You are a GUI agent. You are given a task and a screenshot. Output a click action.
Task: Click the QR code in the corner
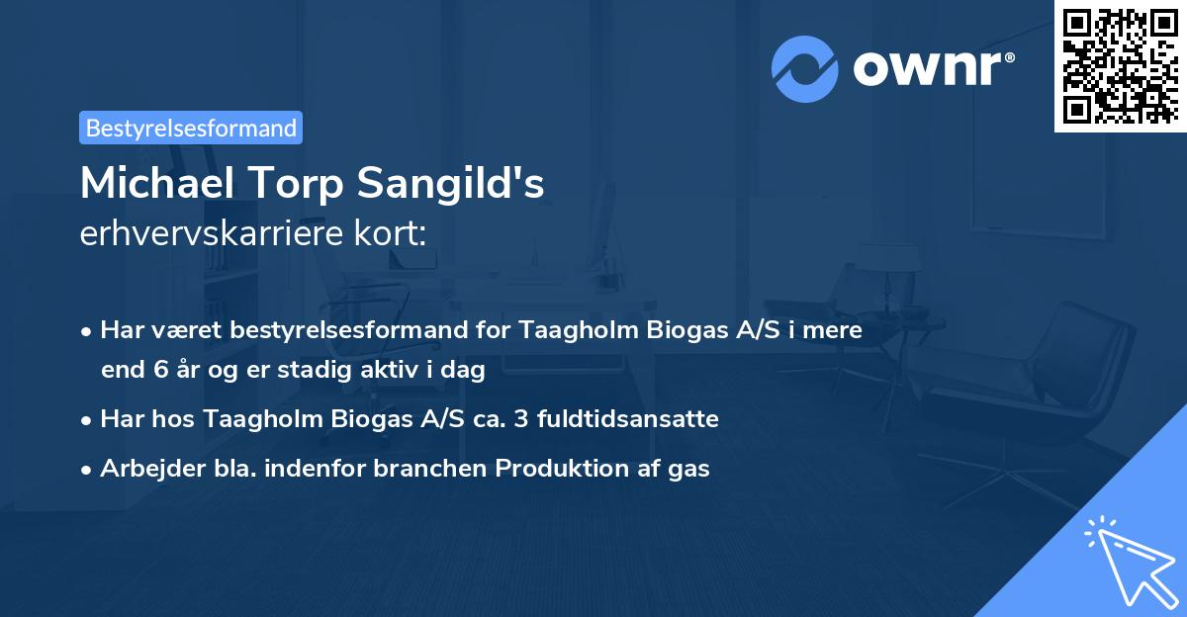[1120, 65]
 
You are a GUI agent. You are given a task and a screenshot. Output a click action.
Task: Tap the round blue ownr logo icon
[805, 69]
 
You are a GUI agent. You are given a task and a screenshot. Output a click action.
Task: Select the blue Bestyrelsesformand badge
[191, 128]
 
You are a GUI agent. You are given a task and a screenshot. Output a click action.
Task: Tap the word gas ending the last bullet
[688, 469]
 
